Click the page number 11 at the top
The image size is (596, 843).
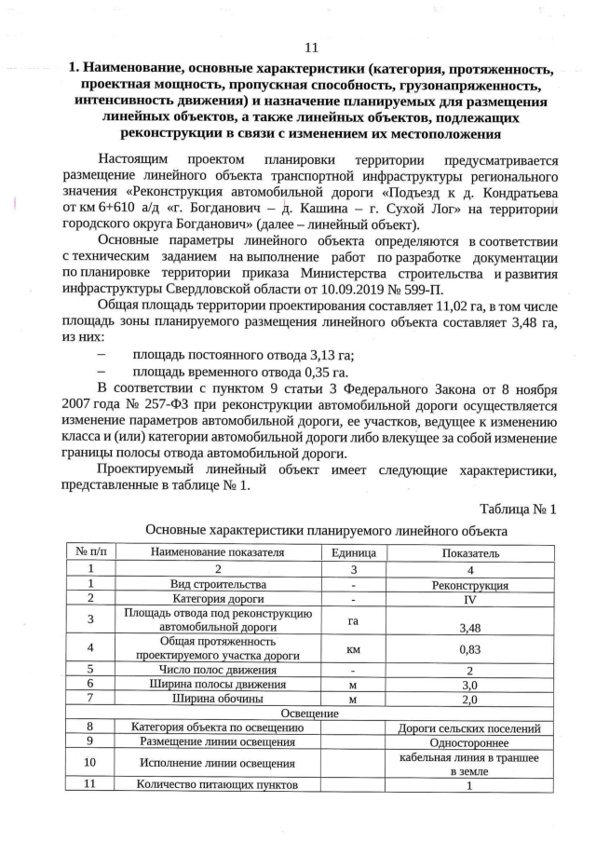pyautogui.click(x=311, y=48)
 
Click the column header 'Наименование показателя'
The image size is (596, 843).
pyautogui.click(x=217, y=552)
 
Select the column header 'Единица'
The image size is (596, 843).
pyautogui.click(x=353, y=552)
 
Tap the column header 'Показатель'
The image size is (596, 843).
pyautogui.click(x=470, y=552)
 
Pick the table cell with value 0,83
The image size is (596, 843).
pyautogui.click(x=470, y=650)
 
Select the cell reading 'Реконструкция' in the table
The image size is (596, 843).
pyautogui.click(x=470, y=586)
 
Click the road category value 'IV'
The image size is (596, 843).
pyautogui.click(x=470, y=600)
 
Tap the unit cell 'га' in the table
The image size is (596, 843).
pyautogui.click(x=353, y=619)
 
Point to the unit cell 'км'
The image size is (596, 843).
pyautogui.click(x=353, y=650)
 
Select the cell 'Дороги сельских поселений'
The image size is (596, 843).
pyautogui.click(x=470, y=727)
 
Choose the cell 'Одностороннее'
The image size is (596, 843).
pyautogui.click(x=470, y=742)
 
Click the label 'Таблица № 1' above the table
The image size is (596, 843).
pyautogui.click(x=518, y=510)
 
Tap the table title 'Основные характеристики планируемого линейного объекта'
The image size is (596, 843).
pyautogui.click(x=326, y=530)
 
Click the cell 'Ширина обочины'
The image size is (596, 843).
pyautogui.click(x=217, y=697)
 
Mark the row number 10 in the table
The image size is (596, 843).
pyautogui.click(x=90, y=763)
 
